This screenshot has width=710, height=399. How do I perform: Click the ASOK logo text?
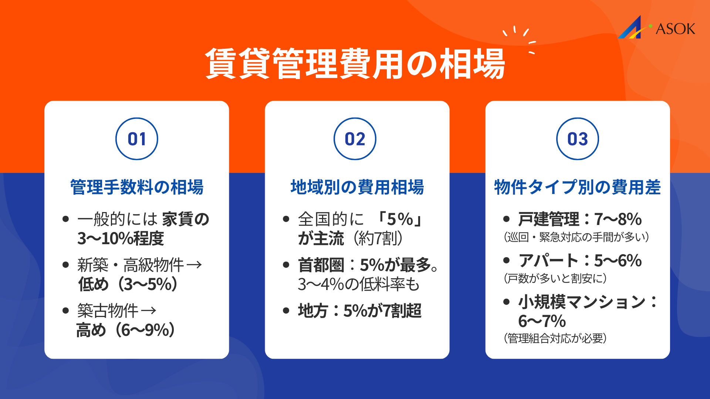675,29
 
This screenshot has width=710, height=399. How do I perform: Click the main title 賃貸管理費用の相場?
355,64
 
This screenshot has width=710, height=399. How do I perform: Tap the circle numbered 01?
137,139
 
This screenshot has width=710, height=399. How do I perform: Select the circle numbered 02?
355,139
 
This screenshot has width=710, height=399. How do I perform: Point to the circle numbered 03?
577,139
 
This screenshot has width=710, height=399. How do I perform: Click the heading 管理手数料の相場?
137,187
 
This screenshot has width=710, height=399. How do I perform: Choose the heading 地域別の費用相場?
357,187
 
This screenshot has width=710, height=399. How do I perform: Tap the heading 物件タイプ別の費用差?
577,187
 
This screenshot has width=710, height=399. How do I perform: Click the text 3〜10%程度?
121,238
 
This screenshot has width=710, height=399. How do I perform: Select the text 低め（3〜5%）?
128,284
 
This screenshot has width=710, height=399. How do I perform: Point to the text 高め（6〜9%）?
126,330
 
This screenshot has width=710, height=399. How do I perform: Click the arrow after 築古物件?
149,311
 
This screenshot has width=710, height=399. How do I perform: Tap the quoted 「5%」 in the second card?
399,219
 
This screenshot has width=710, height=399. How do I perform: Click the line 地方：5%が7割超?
359,311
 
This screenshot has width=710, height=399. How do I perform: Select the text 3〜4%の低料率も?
359,284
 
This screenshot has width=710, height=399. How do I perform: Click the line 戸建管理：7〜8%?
579,219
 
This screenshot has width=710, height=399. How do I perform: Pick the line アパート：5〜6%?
579,260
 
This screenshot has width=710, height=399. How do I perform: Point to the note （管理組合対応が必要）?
555,338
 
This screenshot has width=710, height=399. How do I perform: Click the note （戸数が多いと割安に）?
555,278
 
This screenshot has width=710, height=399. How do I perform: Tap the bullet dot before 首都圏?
286,265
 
